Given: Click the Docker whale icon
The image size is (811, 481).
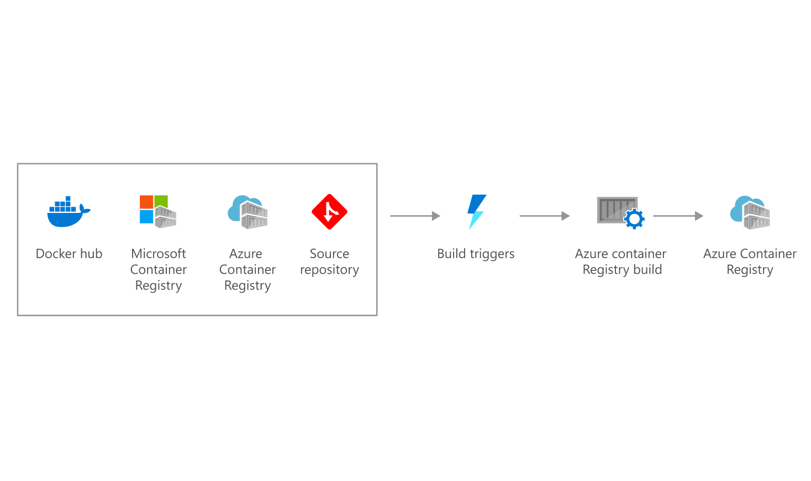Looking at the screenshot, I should [68, 212].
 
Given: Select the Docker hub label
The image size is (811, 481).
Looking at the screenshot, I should [69, 254].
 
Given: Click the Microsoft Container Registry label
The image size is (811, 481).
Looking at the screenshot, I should [159, 270].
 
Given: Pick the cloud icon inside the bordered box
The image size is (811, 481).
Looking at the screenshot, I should [247, 212].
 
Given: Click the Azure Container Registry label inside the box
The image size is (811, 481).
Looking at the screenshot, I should [247, 270].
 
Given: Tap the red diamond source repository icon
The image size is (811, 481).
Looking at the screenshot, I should [329, 212].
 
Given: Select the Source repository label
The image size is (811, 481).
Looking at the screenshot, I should [329, 262].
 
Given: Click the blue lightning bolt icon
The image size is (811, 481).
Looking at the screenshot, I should [476, 212].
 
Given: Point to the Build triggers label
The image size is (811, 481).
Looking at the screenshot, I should [475, 254].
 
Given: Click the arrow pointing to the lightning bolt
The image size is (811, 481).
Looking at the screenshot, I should [414, 216].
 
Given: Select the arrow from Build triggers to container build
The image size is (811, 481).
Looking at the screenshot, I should [544, 216].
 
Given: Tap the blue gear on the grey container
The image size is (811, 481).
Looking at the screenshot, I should [634, 219].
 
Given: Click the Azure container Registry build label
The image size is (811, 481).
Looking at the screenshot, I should [621, 262].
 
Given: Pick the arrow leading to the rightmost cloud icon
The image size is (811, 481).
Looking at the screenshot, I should [678, 216].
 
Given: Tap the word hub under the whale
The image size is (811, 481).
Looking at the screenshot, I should [91, 254].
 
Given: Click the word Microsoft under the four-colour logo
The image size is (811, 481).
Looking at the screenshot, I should [159, 254].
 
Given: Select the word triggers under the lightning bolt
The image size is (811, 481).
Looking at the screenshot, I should [492, 254].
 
